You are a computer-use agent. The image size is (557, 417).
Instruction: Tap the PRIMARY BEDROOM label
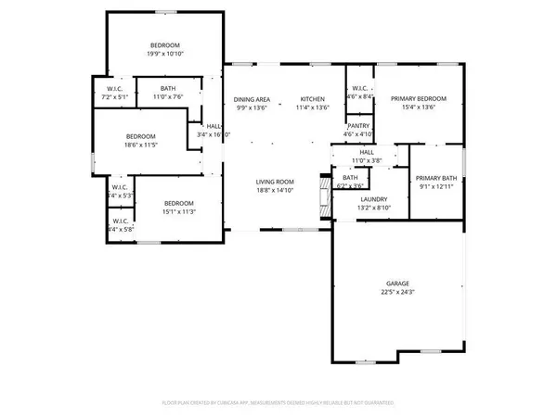pos(418,99)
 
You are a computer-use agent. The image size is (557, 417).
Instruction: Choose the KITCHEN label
pos(311,99)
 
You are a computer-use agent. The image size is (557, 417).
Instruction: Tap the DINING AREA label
pos(251,99)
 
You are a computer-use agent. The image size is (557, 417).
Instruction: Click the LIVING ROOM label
pos(276,182)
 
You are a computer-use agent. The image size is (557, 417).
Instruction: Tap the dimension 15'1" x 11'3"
pos(178,211)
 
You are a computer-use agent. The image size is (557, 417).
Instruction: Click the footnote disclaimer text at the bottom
pos(278,404)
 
